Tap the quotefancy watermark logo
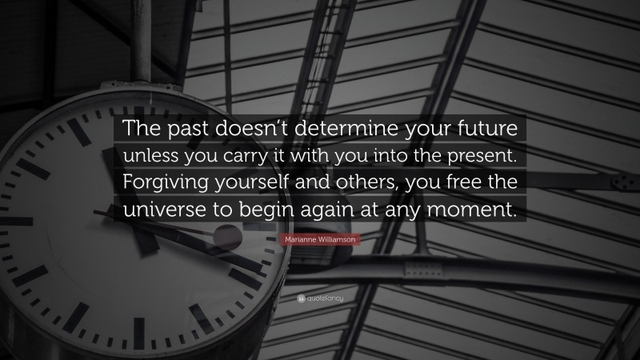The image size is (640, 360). click(320, 298)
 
